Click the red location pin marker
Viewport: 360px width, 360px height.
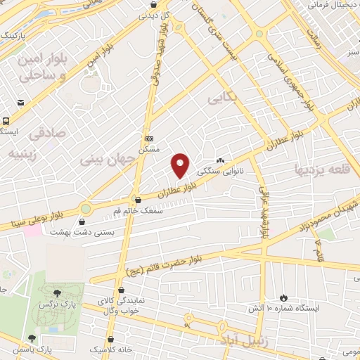181,165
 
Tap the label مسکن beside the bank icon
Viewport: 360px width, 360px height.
150,150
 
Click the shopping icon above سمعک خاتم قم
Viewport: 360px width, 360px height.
137,199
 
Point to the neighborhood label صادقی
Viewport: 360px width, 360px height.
48,131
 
